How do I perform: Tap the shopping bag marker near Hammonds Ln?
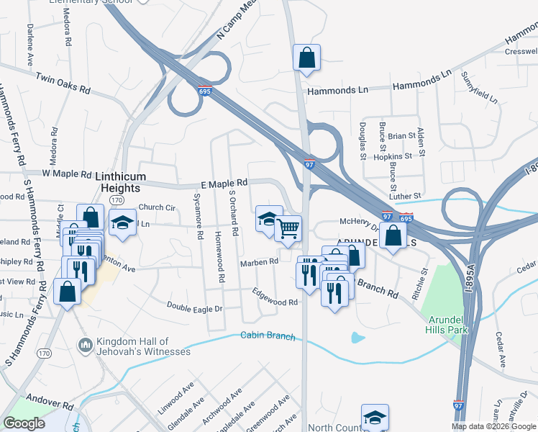[306, 58]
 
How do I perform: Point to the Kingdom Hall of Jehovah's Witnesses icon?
[85, 346]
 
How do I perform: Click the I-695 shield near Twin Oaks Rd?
[205, 89]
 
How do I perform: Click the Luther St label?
[405, 196]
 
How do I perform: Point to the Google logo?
[24, 423]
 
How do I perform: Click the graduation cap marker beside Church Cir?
[122, 222]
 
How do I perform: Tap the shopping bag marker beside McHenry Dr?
[394, 235]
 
